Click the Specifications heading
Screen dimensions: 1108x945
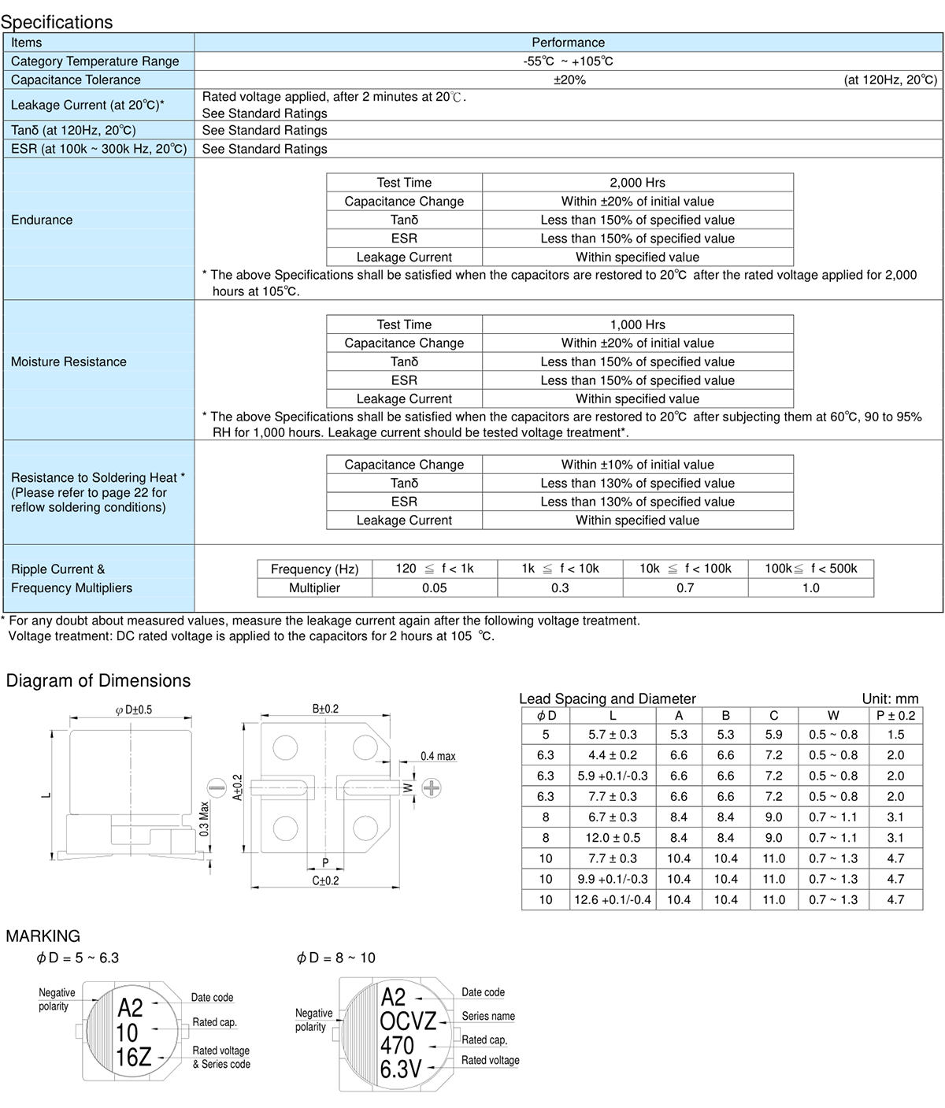(x=57, y=21)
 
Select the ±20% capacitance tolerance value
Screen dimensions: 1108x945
(x=569, y=80)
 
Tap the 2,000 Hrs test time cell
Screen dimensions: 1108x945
(x=637, y=183)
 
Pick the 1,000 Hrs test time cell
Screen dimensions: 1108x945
(x=637, y=324)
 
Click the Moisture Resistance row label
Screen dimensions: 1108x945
(x=69, y=361)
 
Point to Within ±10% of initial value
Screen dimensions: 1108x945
(x=637, y=465)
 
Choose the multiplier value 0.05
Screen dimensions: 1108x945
(x=434, y=587)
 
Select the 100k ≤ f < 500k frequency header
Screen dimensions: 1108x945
(x=810, y=569)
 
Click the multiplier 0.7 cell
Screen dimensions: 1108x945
(x=685, y=587)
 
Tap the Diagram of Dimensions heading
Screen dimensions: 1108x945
(x=98, y=681)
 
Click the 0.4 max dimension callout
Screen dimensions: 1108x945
(x=438, y=756)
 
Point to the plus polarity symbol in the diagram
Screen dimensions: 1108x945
(x=432, y=787)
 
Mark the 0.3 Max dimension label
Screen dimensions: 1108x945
(x=204, y=819)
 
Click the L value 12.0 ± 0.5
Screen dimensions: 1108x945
(x=613, y=838)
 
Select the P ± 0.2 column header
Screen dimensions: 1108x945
(x=895, y=715)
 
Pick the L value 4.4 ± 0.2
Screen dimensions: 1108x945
(x=613, y=754)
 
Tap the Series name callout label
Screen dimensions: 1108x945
(x=488, y=1016)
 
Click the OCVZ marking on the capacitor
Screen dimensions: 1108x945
(x=408, y=1021)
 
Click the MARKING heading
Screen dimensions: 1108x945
(x=43, y=936)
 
